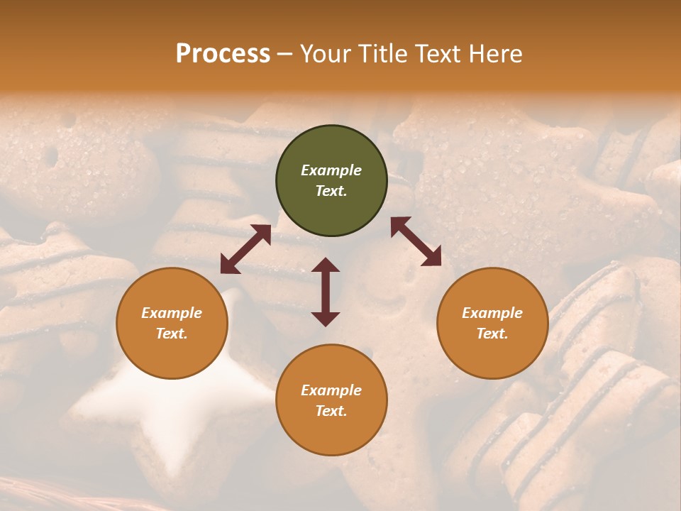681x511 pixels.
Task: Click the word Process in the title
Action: click(x=223, y=54)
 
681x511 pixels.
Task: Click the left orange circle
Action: click(x=172, y=323)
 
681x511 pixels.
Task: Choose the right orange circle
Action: click(x=492, y=323)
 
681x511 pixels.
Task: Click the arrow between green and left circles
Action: click(x=245, y=249)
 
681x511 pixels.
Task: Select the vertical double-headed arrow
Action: click(x=326, y=292)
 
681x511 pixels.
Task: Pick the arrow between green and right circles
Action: click(x=416, y=241)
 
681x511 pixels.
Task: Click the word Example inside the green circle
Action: click(x=331, y=170)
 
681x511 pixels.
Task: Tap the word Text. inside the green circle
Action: click(x=331, y=191)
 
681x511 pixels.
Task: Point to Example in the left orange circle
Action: click(x=172, y=313)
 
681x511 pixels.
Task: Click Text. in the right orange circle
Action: click(x=492, y=334)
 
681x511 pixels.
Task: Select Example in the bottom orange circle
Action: click(x=331, y=390)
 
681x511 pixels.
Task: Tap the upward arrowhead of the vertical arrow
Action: click(x=326, y=265)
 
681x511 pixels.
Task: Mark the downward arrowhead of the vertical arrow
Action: click(x=326, y=319)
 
